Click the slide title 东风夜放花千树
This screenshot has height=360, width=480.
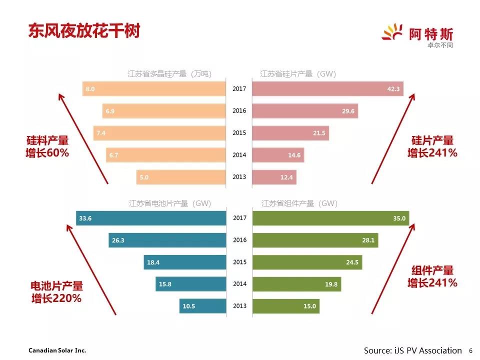point(84,31)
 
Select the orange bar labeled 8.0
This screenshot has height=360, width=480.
point(154,89)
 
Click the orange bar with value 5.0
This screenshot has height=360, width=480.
point(181,177)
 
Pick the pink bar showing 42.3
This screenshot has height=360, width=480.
point(327,89)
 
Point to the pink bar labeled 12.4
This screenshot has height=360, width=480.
point(274,177)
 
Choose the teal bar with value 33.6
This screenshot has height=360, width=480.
point(151,218)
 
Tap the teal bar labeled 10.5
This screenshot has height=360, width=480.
point(202,306)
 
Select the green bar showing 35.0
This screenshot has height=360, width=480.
point(330,218)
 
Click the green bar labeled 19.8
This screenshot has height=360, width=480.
point(297,284)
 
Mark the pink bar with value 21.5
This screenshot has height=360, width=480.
point(290,133)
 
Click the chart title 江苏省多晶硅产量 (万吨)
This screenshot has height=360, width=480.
point(169,74)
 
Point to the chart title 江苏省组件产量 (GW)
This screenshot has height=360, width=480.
point(299,203)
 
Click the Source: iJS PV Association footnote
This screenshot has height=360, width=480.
point(412,350)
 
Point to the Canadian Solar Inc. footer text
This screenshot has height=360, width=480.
point(53,350)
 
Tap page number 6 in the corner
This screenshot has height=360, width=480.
point(470,350)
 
